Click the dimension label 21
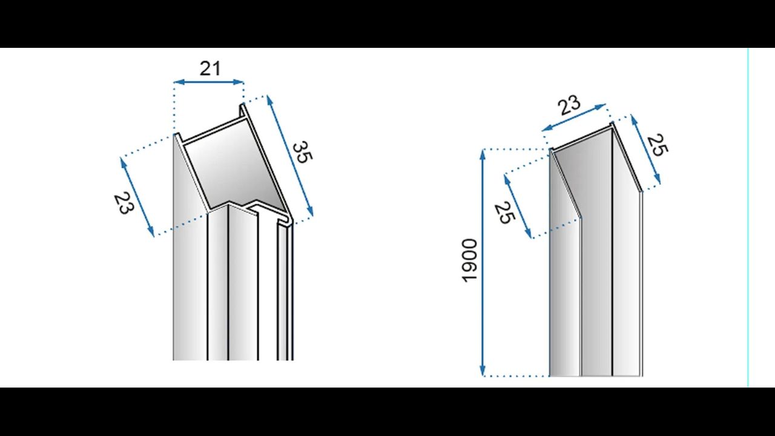point(210,68)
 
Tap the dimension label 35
point(302,152)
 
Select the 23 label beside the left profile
point(124,203)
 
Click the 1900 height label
point(470,261)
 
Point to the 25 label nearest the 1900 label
point(505,213)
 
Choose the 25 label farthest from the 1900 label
point(658,145)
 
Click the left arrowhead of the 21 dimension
point(178,82)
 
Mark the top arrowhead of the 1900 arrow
point(483,154)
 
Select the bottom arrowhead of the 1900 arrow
point(483,371)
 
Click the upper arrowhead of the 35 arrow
point(269,101)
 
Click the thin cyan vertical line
point(748,217)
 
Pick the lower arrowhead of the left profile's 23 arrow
point(151,231)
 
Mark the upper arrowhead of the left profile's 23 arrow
point(122,163)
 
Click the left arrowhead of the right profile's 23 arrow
point(547,128)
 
